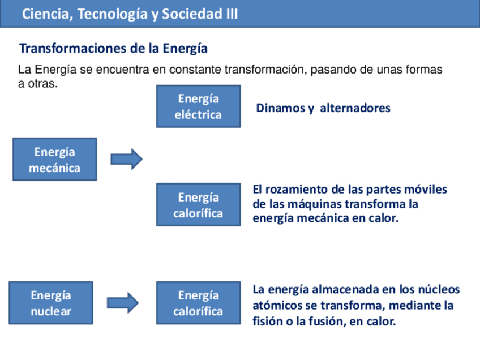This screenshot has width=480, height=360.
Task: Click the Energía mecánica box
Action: click(54, 160)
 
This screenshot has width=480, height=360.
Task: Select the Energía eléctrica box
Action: click(198, 106)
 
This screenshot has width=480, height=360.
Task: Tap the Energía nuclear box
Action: click(51, 303)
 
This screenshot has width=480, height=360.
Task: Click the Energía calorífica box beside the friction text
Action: click(198, 205)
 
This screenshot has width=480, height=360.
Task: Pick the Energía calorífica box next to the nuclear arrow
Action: click(198, 303)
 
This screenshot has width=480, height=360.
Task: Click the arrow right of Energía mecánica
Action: click(126, 160)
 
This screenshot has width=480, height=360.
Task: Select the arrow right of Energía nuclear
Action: click(123, 303)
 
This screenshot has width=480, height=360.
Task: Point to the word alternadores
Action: click(355, 108)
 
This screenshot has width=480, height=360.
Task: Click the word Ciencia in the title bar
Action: click(45, 15)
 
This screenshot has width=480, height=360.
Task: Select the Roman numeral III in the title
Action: click(232, 15)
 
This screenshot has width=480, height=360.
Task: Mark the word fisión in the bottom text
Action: click(269, 322)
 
